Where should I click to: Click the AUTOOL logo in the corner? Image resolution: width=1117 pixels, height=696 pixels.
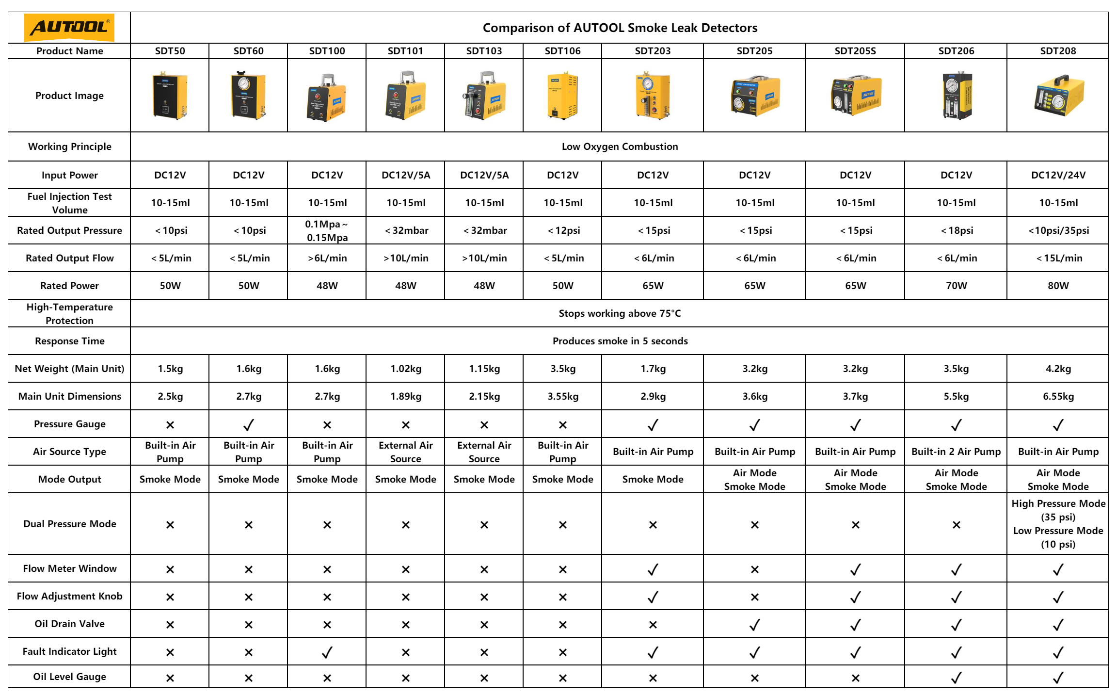69,28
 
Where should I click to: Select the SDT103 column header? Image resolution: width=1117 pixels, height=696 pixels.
484,51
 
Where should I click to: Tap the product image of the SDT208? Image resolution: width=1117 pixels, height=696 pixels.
1058,95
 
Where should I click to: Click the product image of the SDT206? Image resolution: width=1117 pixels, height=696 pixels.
956,95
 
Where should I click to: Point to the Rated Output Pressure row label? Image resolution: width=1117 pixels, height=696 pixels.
69,230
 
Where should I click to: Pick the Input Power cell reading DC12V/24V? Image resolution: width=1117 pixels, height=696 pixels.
1058,175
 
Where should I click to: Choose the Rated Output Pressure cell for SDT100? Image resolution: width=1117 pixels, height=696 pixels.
327,230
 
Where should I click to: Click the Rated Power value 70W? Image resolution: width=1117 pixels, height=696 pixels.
956,286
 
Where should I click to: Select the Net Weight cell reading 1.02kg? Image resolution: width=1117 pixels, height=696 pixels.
406,369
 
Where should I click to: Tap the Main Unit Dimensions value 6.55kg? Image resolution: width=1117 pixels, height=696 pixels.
1058,396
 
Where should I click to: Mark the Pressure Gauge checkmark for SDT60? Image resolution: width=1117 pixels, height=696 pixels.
248,425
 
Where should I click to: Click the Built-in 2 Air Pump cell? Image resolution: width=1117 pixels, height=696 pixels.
956,452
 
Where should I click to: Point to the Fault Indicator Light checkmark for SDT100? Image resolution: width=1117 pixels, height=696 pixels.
327,652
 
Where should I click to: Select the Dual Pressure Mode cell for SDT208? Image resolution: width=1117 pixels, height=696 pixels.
1058,524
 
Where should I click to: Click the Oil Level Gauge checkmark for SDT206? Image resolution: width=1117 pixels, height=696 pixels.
956,678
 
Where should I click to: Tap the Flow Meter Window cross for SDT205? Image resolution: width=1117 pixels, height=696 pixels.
754,569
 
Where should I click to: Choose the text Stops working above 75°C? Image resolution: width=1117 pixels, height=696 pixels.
620,313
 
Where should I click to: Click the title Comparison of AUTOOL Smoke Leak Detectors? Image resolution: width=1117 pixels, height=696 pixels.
620,28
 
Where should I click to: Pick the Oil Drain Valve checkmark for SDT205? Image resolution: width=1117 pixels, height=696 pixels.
754,625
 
